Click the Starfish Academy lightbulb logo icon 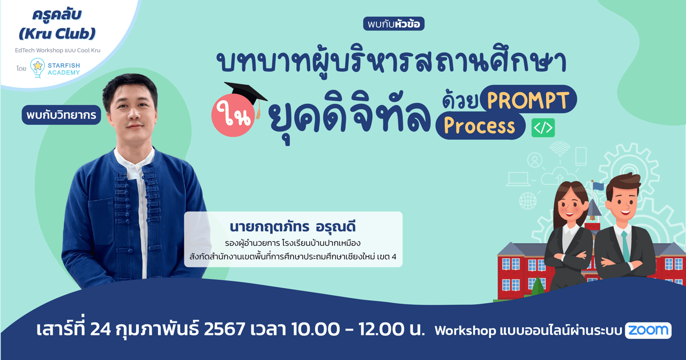[38, 67]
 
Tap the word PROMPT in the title [528, 100]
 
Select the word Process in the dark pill [479, 126]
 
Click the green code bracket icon [543, 127]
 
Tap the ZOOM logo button [648, 331]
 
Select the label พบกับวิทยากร [62, 115]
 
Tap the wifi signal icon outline [559, 148]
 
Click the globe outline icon [528, 201]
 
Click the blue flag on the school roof [598, 186]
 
